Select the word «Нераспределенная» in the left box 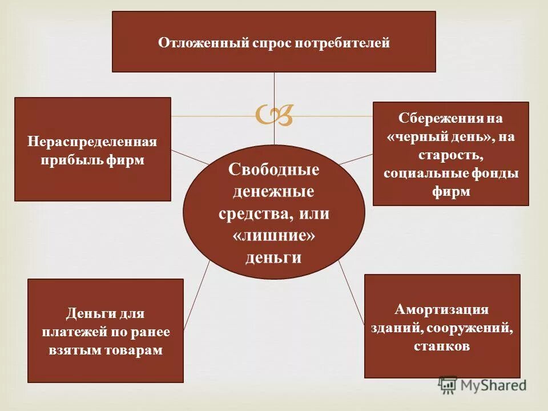[92, 142]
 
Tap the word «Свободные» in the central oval [273, 170]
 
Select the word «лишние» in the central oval [274, 236]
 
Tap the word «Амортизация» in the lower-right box [441, 310]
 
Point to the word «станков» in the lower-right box [442, 346]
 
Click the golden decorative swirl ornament [275, 115]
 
